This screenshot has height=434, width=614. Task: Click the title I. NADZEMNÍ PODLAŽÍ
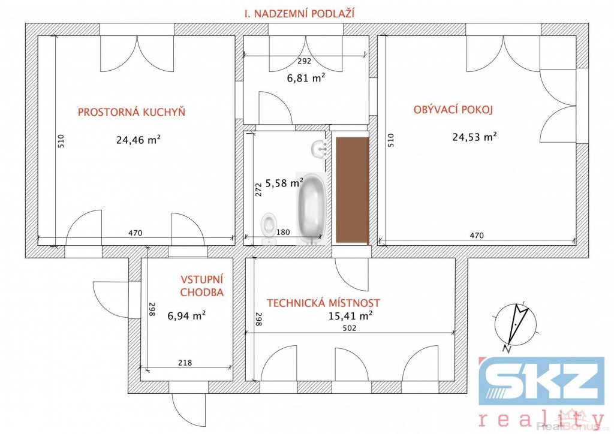300,14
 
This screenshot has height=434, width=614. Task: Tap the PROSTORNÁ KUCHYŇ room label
131,112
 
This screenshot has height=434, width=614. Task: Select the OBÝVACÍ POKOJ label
453,110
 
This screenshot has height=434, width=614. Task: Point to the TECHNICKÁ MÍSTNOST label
323,303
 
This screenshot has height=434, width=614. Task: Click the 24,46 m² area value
139,140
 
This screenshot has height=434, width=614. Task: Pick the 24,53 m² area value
475,137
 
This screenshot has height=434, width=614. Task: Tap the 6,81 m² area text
306,78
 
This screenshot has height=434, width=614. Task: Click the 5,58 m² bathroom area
284,183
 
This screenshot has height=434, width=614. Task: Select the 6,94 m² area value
187,315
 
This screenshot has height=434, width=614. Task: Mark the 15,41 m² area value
350,315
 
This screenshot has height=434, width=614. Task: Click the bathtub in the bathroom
312,208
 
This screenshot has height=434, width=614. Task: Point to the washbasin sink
320,149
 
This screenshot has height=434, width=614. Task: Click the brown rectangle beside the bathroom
353,190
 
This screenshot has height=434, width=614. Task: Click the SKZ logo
542,381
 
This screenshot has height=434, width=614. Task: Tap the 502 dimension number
350,328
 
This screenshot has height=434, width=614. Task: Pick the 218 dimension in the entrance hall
185,363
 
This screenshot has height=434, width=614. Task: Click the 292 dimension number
304,61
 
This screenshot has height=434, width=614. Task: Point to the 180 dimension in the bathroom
283,233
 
